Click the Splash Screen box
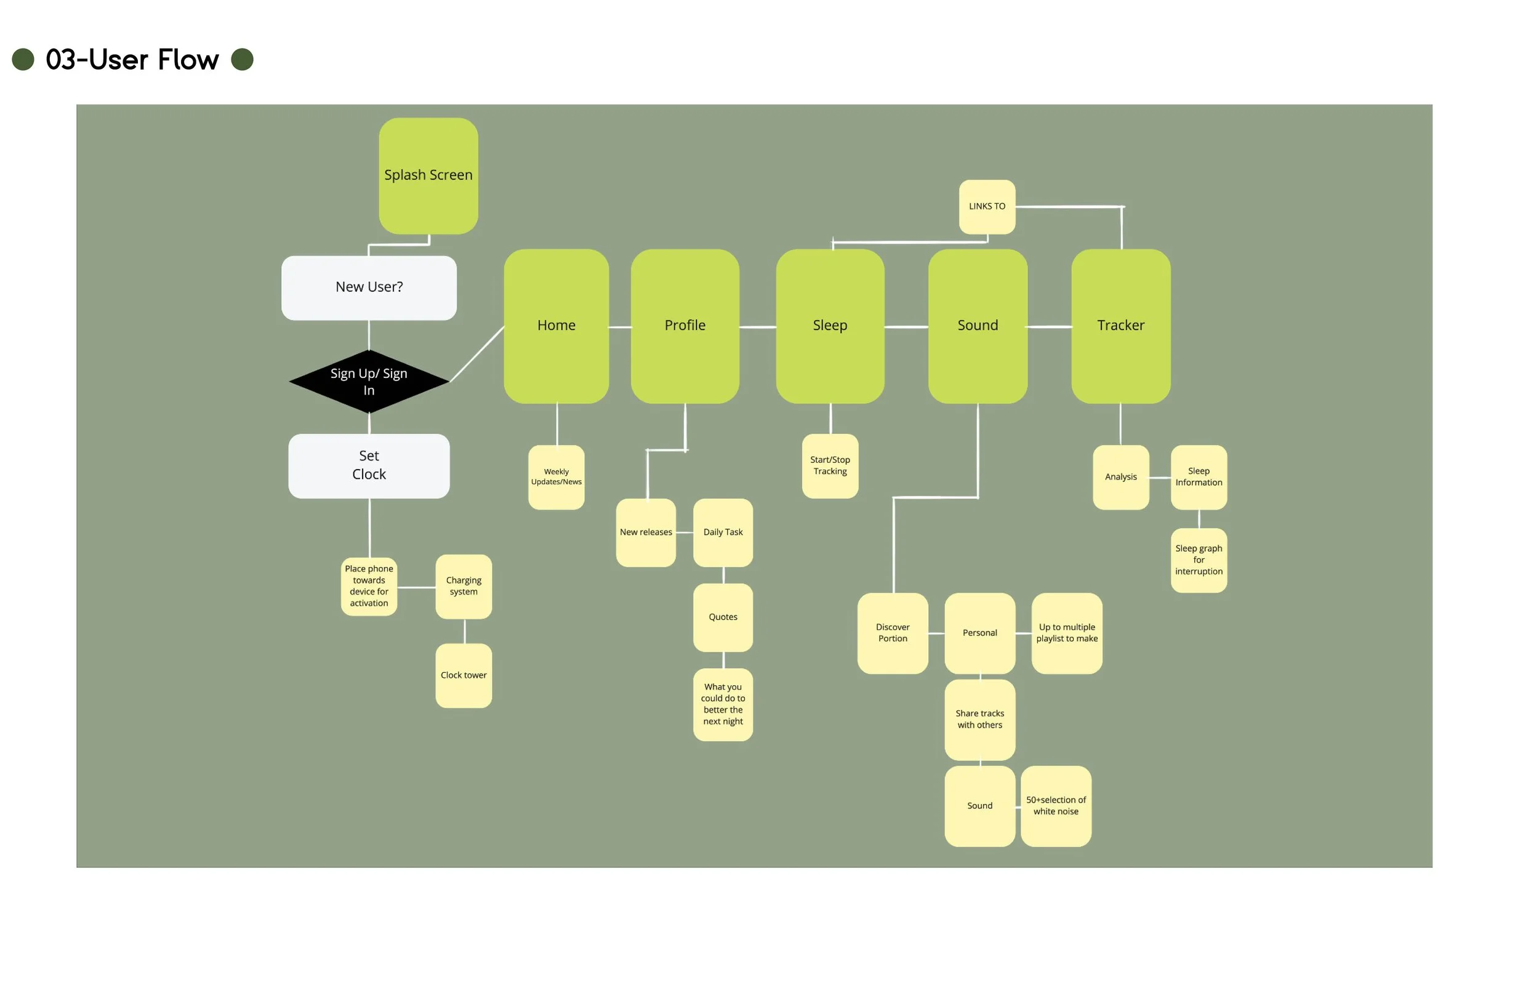click(428, 175)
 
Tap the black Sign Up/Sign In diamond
click(369, 382)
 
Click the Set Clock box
click(369, 465)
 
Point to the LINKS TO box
click(987, 206)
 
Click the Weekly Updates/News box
click(556, 476)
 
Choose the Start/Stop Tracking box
click(830, 465)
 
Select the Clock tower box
click(464, 675)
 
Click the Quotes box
click(723, 617)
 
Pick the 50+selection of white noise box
click(1056, 806)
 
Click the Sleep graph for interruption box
click(1198, 560)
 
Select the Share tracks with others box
click(979, 719)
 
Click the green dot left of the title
click(23, 60)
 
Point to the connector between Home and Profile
click(619, 327)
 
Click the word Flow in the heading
click(188, 60)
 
